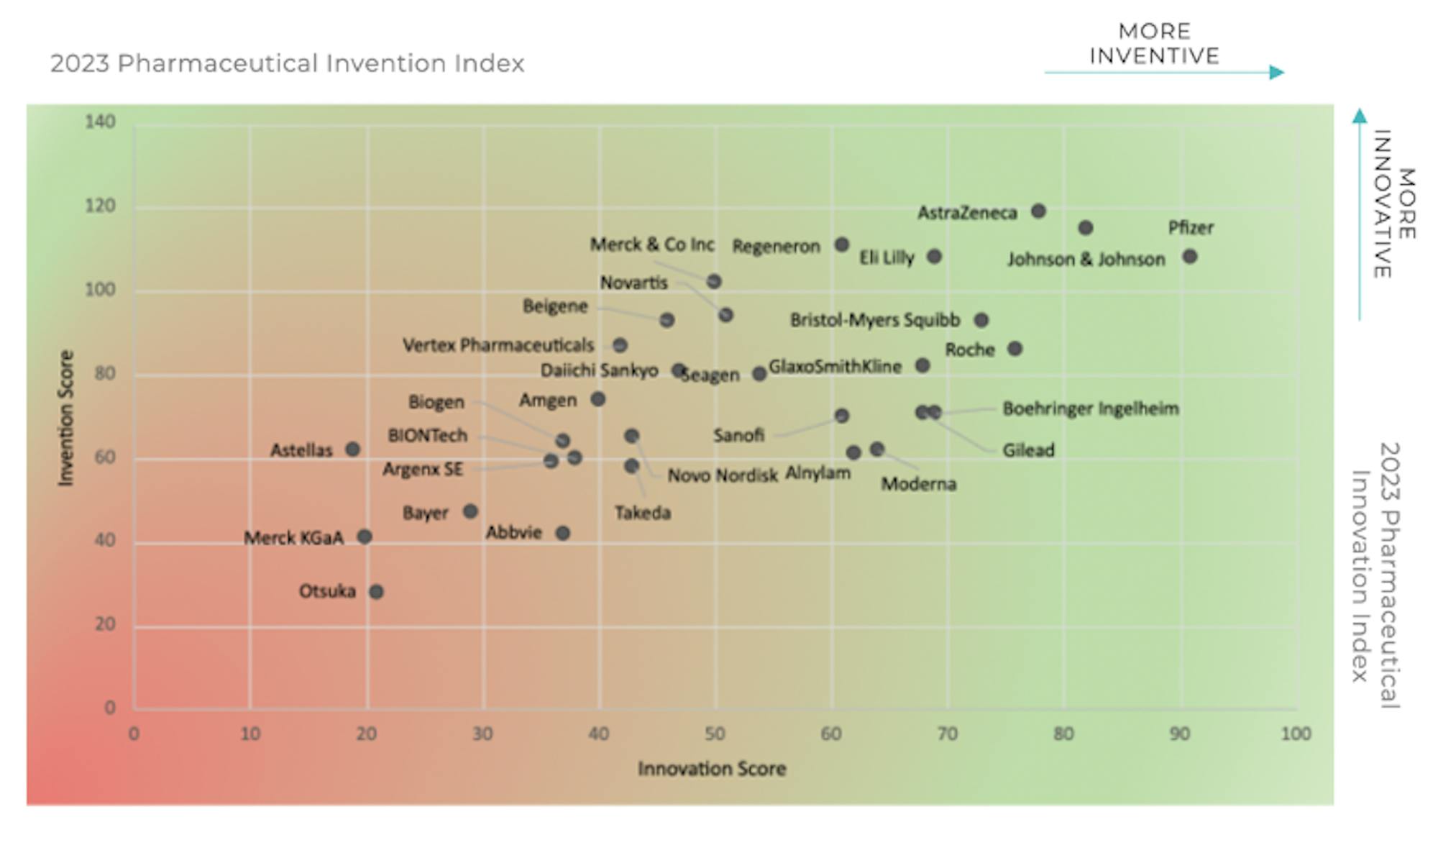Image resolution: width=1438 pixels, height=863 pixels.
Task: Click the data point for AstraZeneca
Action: [1038, 211]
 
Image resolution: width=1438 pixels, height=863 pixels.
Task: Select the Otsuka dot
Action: [376, 592]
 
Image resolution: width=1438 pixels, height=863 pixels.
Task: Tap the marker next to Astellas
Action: [352, 449]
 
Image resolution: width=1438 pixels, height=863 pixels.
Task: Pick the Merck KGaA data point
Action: [365, 536]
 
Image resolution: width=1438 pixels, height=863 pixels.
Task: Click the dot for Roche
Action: [1015, 349]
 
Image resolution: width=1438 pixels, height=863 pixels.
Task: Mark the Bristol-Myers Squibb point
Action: [981, 320]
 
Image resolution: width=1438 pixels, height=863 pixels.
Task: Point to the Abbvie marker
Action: [563, 533]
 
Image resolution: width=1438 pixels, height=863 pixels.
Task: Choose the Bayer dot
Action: [470, 511]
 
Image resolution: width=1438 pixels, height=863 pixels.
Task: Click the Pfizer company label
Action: [1190, 228]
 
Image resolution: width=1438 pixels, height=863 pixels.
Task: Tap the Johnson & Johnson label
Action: [1086, 260]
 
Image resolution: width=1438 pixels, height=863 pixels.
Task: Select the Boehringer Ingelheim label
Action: [1091, 408]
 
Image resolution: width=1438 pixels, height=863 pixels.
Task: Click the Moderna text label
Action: [919, 484]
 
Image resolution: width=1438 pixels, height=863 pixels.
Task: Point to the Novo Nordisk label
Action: [723, 476]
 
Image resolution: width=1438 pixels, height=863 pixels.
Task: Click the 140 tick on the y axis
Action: [100, 122]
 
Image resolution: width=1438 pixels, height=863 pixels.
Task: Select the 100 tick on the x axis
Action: [1296, 734]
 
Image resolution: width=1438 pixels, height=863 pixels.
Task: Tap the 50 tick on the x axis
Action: [715, 734]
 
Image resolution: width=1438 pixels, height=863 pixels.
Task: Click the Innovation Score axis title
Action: [712, 769]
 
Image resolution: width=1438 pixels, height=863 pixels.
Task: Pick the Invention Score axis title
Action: [66, 419]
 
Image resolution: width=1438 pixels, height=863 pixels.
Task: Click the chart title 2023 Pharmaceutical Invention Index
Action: [287, 63]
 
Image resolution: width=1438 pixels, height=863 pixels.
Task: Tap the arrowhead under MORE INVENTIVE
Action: [1277, 72]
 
